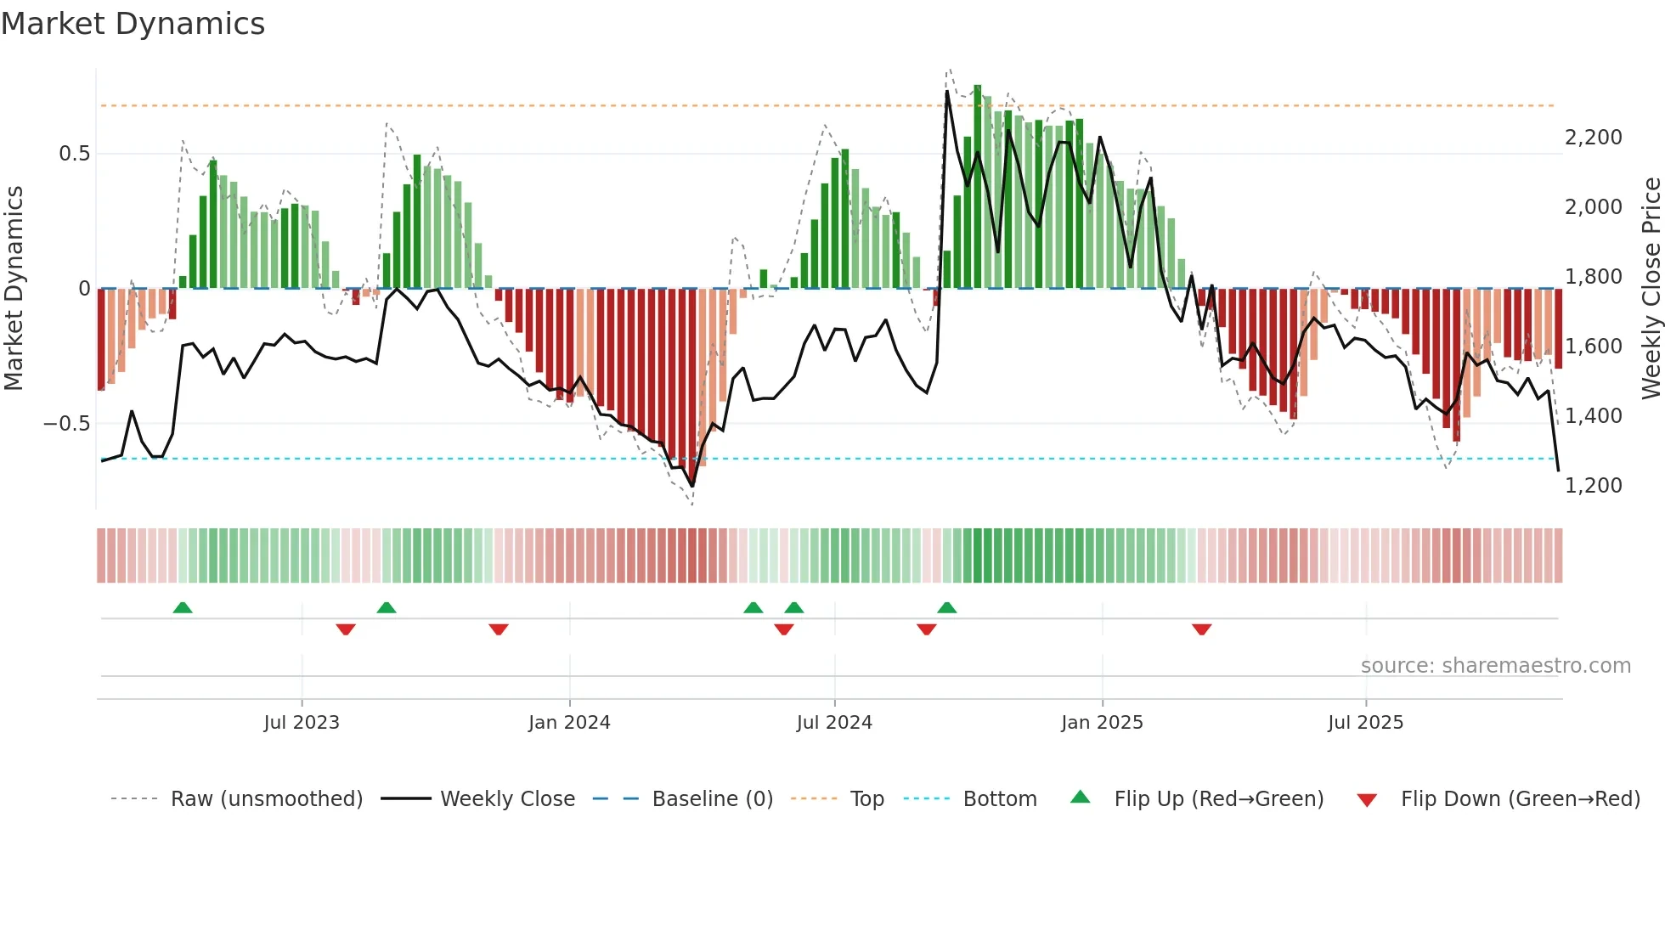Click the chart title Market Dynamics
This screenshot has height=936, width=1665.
pos(133,24)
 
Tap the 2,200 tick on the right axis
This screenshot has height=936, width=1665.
pos(1593,138)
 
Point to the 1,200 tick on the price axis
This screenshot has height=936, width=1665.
pos(1593,486)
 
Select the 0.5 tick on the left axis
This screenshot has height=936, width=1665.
pos(74,154)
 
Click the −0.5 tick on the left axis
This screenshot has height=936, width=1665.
pos(67,424)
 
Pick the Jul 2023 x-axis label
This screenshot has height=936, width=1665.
pos(301,723)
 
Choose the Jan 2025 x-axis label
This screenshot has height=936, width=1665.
pos(1102,723)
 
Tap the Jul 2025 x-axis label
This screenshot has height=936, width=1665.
pos(1365,723)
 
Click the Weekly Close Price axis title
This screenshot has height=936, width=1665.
pos(1651,289)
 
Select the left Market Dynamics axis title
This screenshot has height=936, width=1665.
pos(14,289)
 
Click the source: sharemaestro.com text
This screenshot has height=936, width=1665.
pos(1495,666)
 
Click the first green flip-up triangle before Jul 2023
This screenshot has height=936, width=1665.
pos(183,607)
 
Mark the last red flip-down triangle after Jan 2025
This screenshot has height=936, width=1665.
pos(1201,629)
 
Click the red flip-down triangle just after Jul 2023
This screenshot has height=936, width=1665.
pos(346,629)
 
